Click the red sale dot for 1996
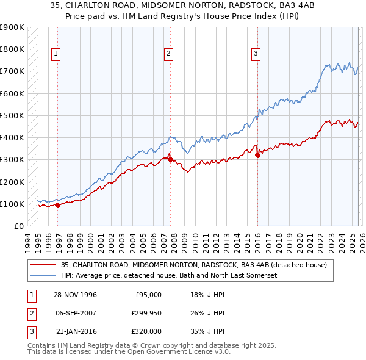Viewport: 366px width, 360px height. pos(58,205)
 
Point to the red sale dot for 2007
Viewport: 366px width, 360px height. pos(170,160)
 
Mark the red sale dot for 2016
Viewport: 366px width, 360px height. pos(257,155)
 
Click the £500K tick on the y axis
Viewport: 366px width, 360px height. pos(12,115)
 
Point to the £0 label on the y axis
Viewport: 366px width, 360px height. pos(19,226)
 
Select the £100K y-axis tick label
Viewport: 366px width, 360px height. pos(12,204)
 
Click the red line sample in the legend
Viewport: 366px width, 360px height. pos(43,265)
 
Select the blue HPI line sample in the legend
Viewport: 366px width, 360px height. pos(43,275)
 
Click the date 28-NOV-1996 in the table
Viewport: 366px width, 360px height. pos(76,295)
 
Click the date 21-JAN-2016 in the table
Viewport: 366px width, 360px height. pos(76,331)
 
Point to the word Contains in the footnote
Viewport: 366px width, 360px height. pos(43,345)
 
